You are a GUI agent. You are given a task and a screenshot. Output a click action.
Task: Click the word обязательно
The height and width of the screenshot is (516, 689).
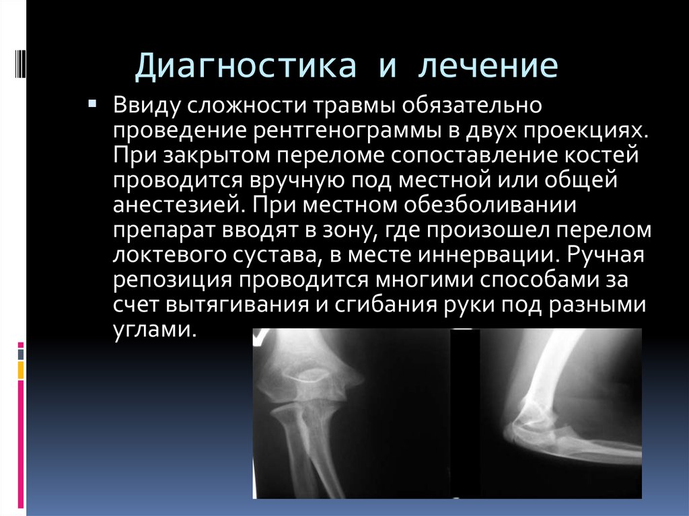click(x=472, y=104)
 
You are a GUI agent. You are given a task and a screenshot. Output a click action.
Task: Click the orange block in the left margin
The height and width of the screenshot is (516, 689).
click(x=21, y=370)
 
